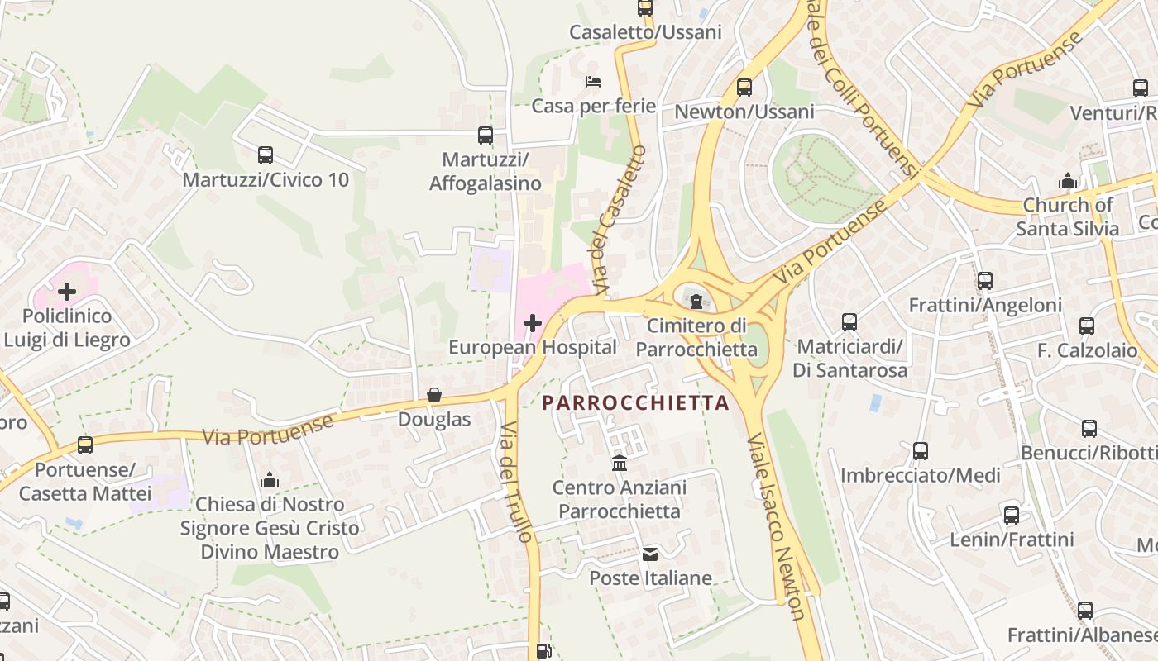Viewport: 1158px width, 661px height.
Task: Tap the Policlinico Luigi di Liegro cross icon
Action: coord(67,291)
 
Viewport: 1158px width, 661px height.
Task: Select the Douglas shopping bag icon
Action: coord(434,395)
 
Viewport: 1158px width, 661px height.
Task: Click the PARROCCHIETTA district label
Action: coord(635,403)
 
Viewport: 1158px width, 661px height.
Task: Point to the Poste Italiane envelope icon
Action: coord(650,554)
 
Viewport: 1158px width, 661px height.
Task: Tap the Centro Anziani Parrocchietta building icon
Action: coord(619,464)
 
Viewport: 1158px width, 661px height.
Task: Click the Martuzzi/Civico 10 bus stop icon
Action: coord(266,155)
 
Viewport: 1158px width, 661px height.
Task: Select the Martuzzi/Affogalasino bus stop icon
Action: coord(486,135)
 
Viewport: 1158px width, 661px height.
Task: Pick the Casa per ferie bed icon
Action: coord(593,81)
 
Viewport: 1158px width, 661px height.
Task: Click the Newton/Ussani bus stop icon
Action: coord(744,87)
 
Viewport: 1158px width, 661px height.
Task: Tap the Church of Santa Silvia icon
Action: coord(1068,181)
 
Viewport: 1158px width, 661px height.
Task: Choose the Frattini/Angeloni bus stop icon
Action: coord(985,281)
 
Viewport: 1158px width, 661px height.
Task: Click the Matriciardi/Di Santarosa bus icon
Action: coord(849,321)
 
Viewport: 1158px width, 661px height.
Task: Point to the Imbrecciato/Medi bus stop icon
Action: coord(921,451)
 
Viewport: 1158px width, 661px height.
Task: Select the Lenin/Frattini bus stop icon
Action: coord(1012,516)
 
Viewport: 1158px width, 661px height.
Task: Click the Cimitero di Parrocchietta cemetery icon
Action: coord(696,301)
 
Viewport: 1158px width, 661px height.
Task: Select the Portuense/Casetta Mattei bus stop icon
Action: coord(85,445)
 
